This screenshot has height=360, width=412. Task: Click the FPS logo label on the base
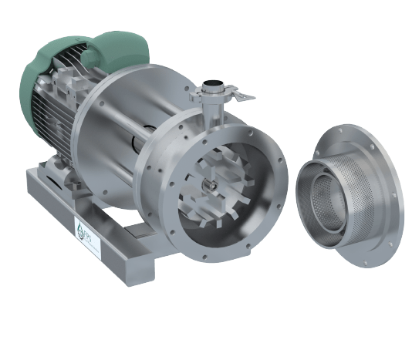coord(83,230)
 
